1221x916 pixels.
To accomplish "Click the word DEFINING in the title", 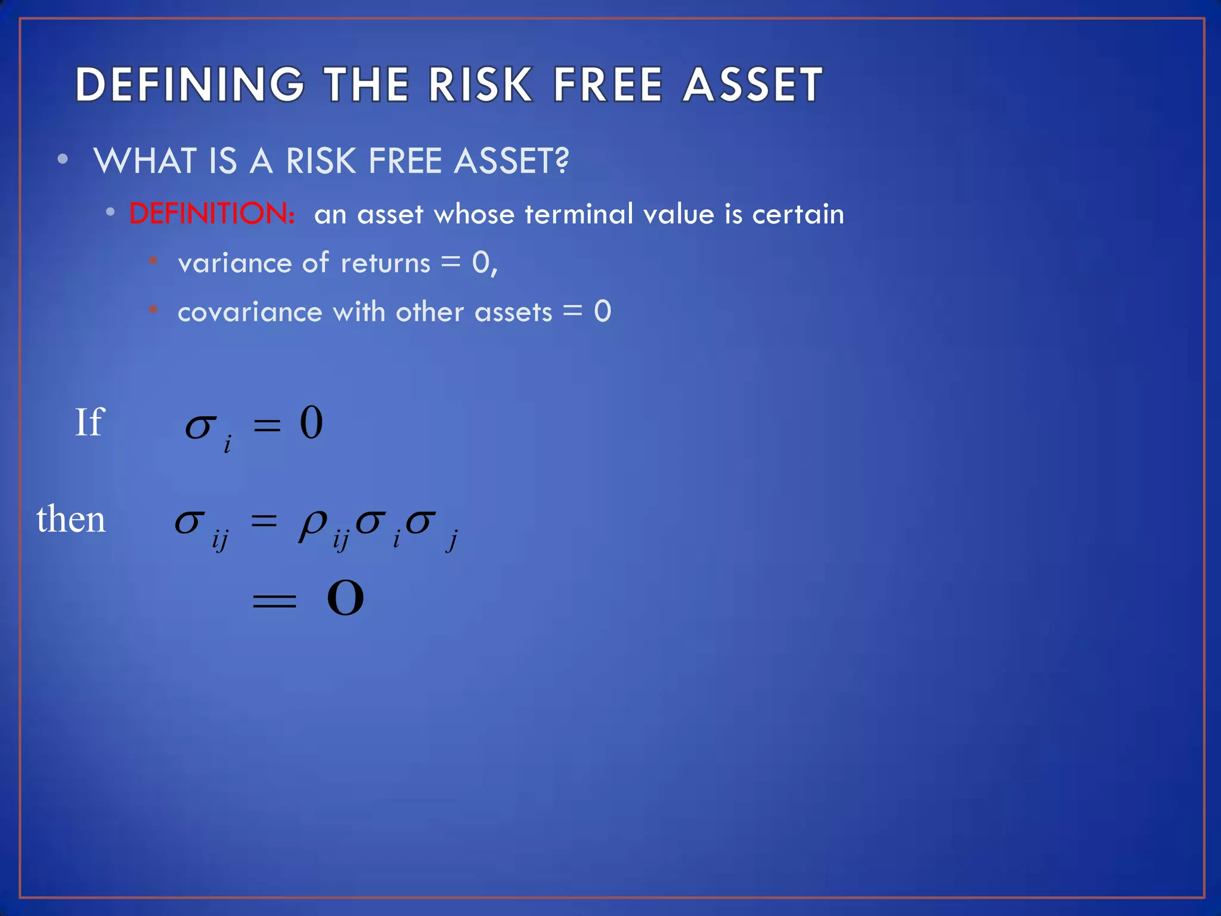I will coord(190,85).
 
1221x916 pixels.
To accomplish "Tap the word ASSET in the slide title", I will coord(753,85).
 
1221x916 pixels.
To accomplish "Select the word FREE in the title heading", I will coord(608,85).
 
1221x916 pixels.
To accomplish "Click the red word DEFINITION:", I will coord(212,213).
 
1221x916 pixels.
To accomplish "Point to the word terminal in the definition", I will coord(579,213).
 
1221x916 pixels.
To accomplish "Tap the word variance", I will coord(235,263).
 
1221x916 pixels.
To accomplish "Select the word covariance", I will coord(250,312).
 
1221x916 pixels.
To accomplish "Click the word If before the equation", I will coord(89,422).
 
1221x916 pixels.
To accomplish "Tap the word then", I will coord(71,519).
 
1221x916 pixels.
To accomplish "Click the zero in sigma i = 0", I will coord(311,422).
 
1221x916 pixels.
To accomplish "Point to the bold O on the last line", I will coord(345,598).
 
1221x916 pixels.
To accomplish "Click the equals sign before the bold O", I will coord(274,600).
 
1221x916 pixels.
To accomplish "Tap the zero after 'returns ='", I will coord(481,262).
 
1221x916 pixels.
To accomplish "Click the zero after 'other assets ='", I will coord(602,311).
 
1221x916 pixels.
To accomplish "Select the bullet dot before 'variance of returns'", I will coord(153,261).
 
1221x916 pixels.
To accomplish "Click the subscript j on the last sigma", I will coord(453,541).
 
